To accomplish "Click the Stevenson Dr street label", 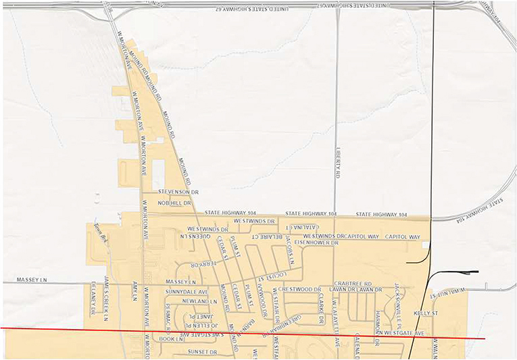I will [178, 192].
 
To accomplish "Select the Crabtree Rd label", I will [353, 284].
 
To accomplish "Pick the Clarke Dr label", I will [322, 307].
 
